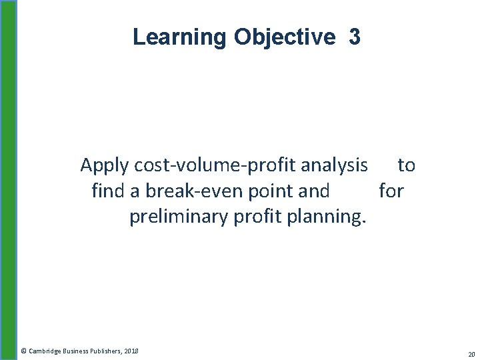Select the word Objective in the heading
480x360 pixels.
coord(285,37)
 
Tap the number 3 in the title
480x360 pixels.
coord(354,37)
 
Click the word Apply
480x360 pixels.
coord(104,165)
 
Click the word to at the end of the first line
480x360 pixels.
coord(406,164)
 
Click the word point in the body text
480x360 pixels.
coord(269,191)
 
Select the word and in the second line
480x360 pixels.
coord(315,191)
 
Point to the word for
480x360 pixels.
coord(391,191)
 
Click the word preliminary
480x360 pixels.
coord(179,217)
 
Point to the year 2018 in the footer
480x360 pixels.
coord(131,350)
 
